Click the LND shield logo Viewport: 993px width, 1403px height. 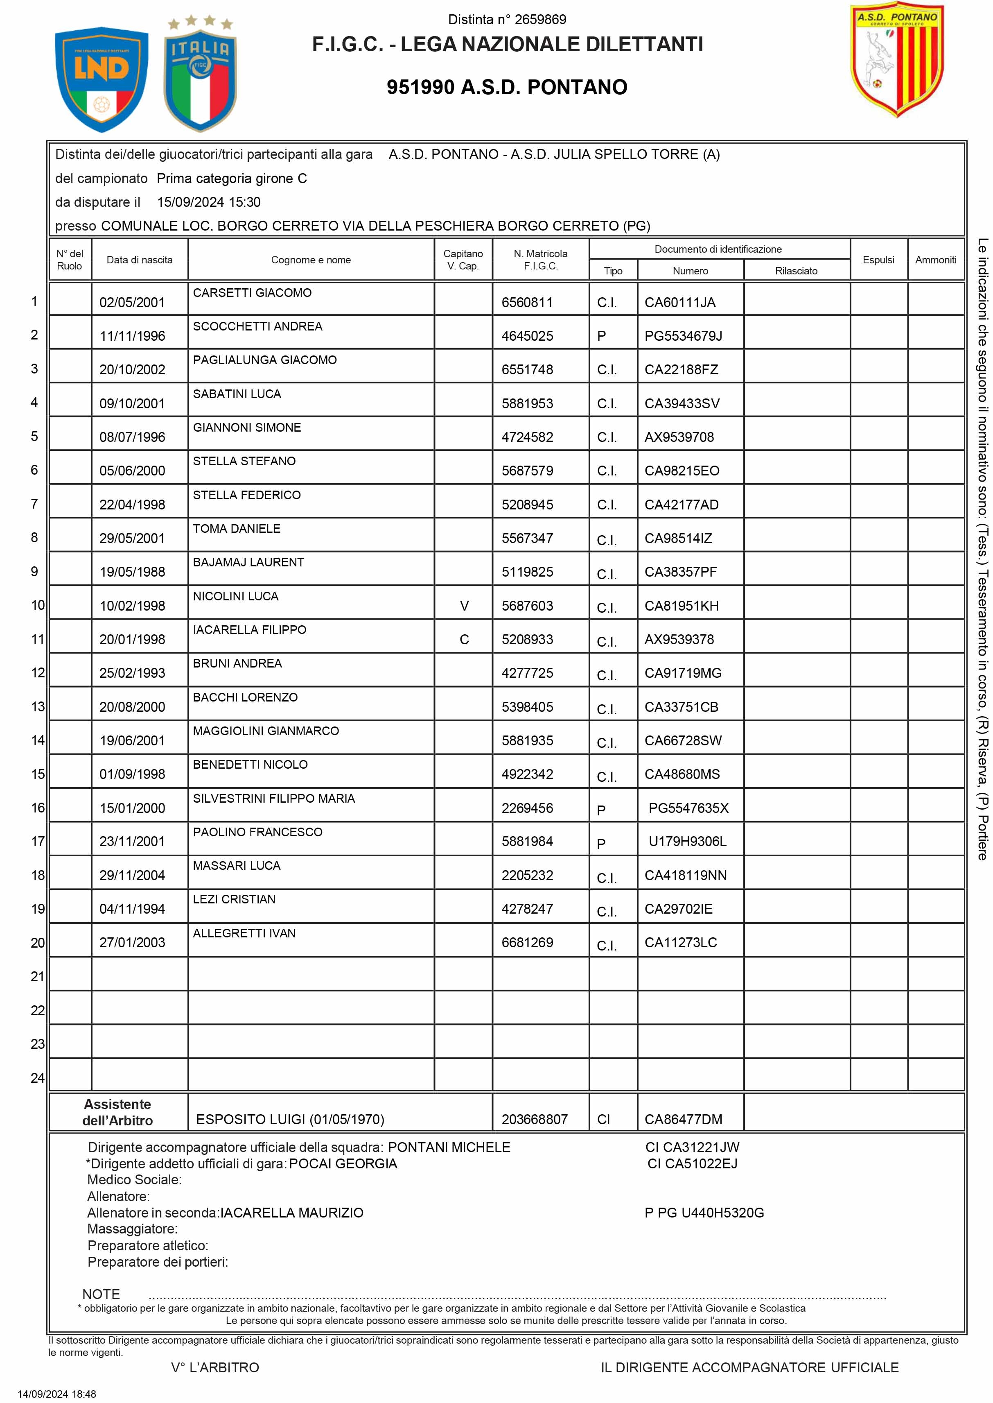click(102, 79)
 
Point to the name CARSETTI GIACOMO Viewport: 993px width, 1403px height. click(252, 293)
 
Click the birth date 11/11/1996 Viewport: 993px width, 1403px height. click(132, 336)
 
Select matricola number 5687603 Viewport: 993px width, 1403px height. click(527, 606)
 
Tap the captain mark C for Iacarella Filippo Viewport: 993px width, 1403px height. click(464, 639)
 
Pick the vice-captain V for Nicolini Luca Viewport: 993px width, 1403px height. click(464, 606)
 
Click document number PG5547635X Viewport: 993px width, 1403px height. click(688, 808)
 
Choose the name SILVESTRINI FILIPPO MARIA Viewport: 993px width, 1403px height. click(273, 798)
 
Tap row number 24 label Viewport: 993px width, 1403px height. click(37, 1077)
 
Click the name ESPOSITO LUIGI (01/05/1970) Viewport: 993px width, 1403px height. click(290, 1119)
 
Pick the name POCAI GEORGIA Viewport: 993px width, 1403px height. click(343, 1164)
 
